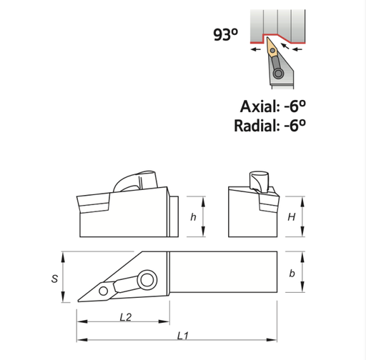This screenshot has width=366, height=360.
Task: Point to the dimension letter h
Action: (x=193, y=217)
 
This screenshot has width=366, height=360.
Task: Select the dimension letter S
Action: (x=55, y=279)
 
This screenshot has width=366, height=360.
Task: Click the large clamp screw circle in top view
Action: (x=148, y=279)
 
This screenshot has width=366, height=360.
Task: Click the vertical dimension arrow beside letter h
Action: (x=204, y=217)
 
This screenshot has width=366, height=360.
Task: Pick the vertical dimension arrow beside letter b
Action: (x=306, y=274)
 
